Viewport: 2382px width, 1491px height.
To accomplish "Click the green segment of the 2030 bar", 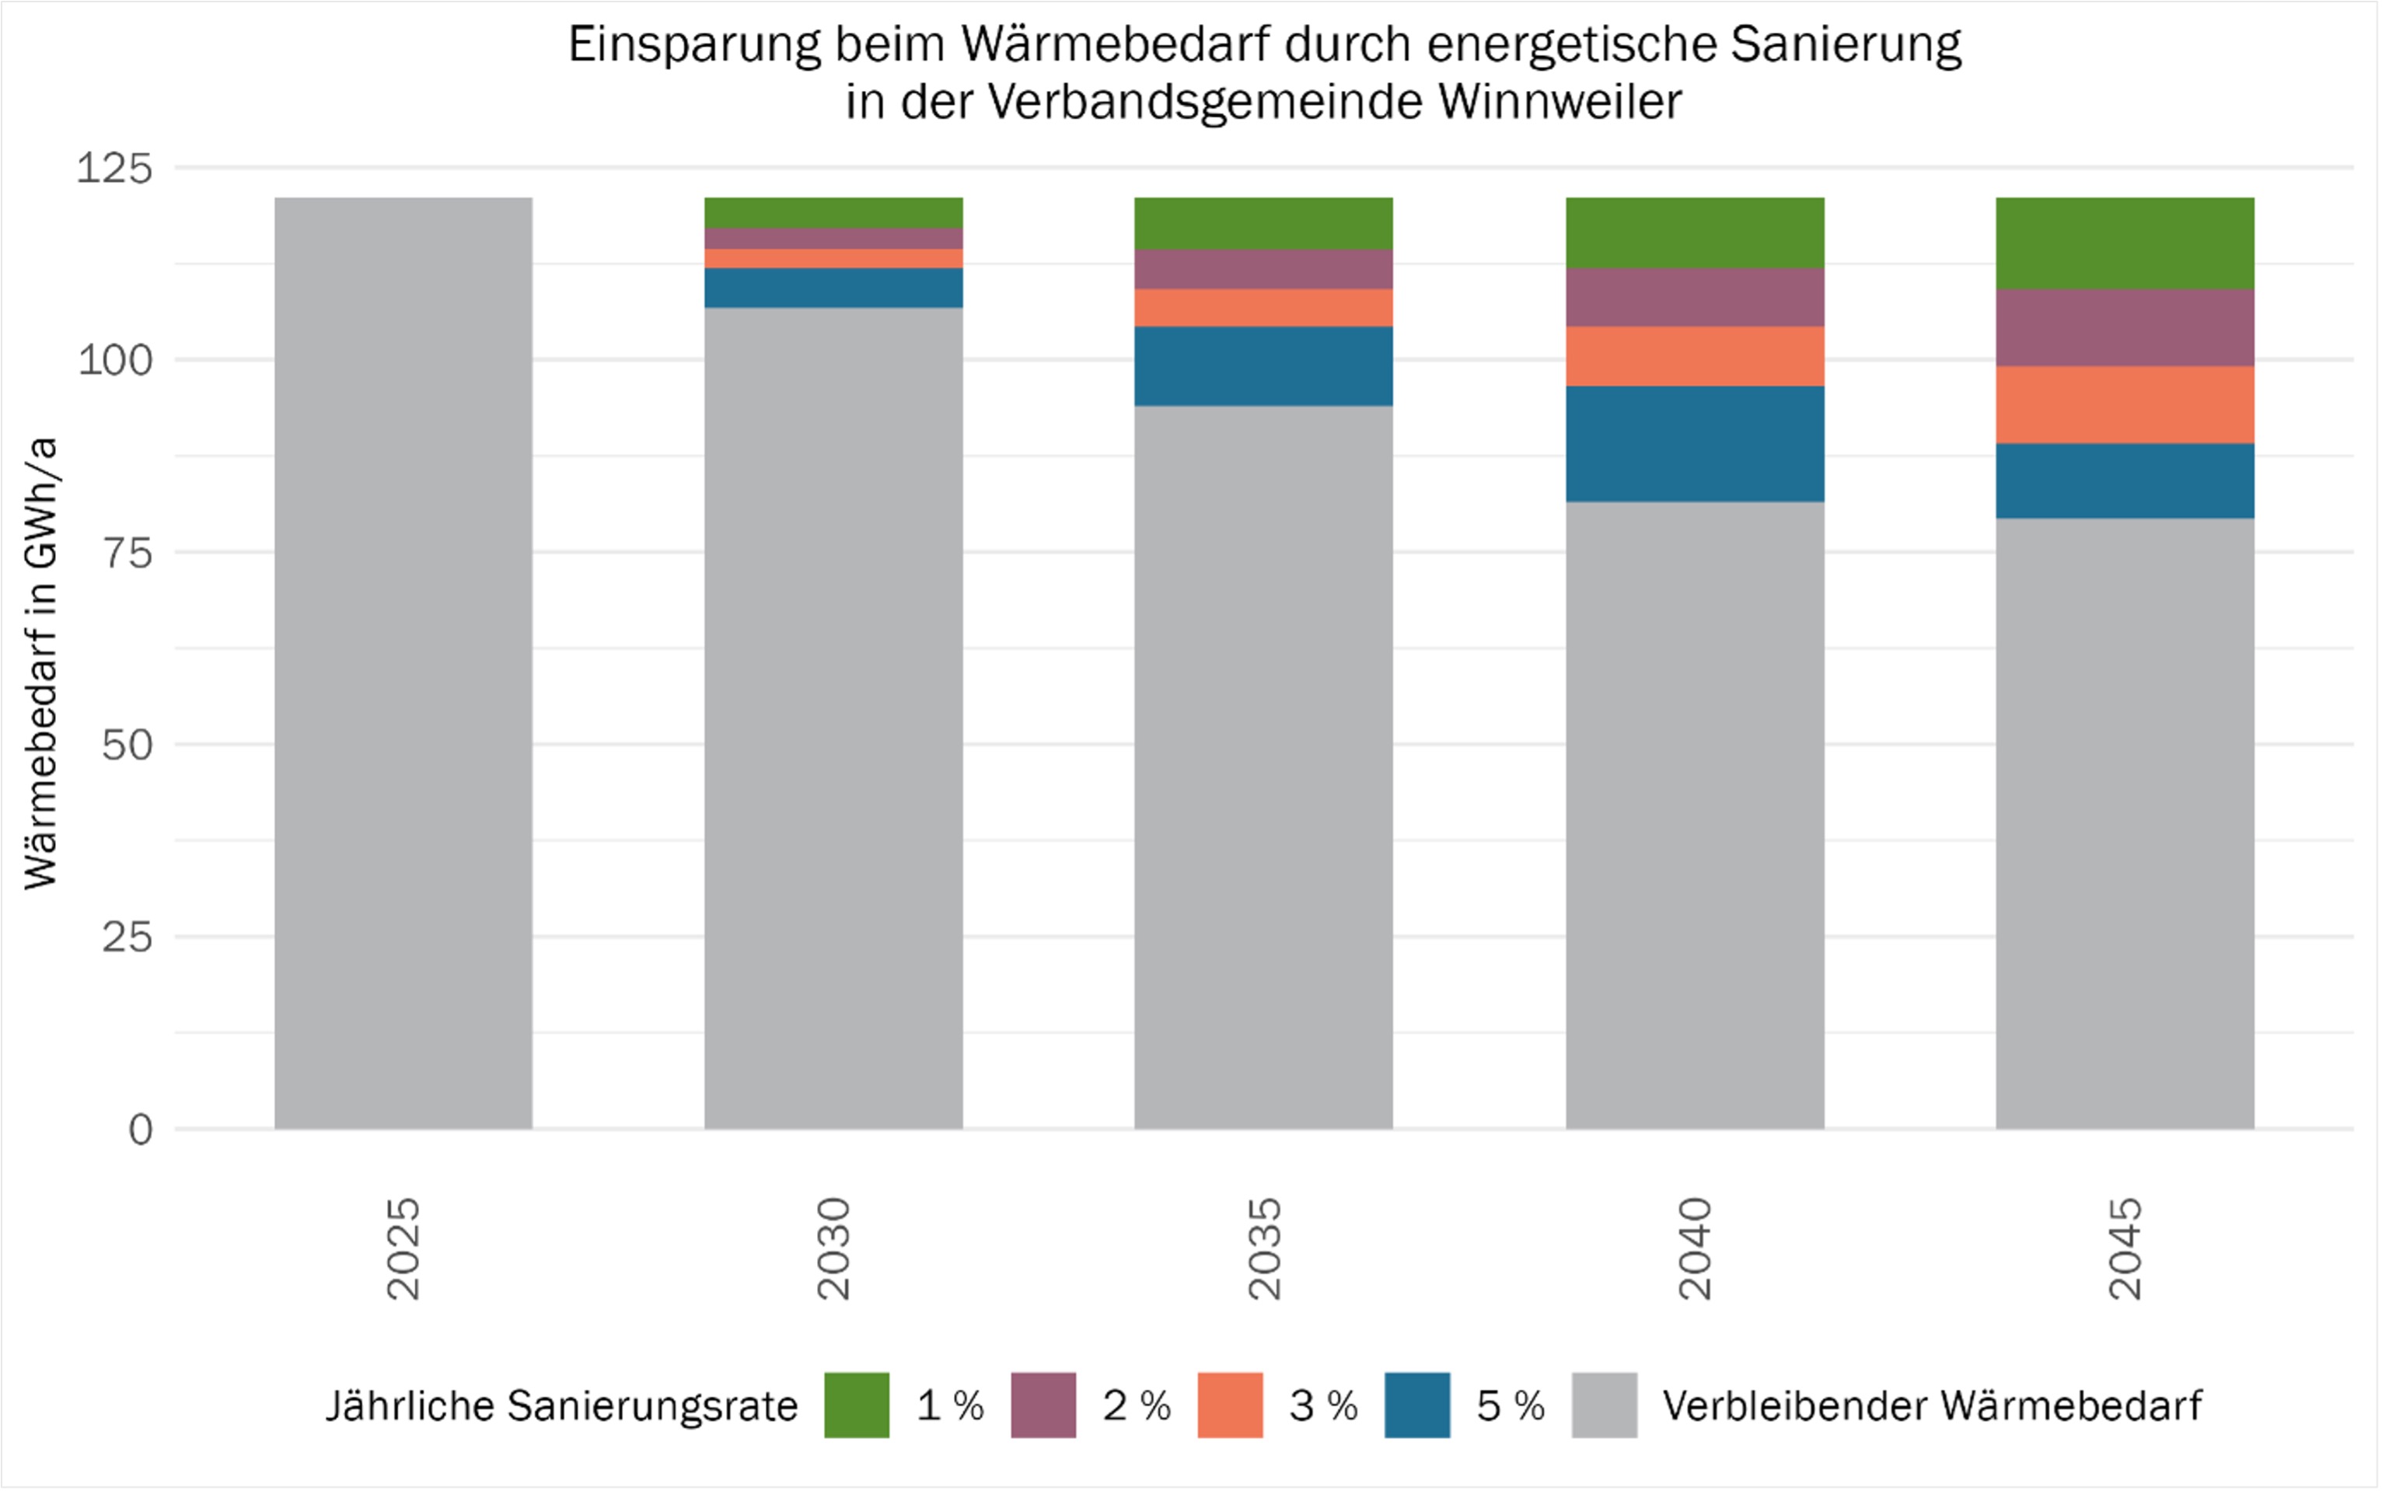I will tap(833, 213).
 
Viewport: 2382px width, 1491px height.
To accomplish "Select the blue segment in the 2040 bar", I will tap(1695, 444).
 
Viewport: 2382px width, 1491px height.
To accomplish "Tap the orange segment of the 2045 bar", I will tap(2125, 404).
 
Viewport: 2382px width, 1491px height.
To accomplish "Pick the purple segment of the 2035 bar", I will tap(1263, 268).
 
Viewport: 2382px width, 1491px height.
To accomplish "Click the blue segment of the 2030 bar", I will tap(833, 287).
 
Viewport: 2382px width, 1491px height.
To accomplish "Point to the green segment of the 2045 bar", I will tap(2125, 243).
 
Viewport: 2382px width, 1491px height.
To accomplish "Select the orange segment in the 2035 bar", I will tap(1263, 307).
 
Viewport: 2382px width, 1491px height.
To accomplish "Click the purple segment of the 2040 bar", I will tap(1695, 297).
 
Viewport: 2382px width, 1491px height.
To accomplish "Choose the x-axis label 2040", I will tap(1695, 1248).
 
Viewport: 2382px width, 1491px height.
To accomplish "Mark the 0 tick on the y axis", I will tap(141, 1129).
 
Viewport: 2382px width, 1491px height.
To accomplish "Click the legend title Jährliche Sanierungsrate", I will tap(562, 1405).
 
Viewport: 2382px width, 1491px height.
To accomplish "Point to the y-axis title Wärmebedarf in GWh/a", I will tap(41, 662).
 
